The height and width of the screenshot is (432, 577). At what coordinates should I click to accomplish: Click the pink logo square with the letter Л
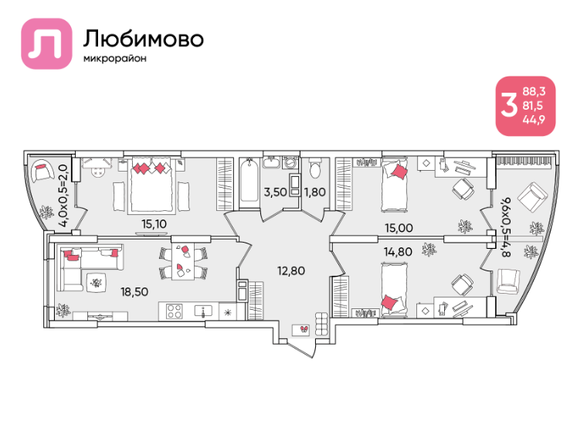(46, 43)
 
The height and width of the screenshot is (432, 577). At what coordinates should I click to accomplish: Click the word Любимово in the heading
(143, 39)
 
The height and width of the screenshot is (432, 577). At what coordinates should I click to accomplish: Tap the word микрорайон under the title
(115, 59)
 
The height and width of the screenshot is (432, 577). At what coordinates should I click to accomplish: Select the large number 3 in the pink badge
(509, 105)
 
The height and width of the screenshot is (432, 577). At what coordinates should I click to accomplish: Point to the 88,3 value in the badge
(534, 91)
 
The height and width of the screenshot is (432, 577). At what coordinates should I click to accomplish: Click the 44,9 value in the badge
(534, 119)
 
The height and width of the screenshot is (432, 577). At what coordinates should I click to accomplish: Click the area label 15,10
(154, 223)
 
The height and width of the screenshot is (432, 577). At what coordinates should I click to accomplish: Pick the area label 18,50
(134, 291)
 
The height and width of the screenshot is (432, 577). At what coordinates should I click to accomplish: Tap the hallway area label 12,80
(291, 270)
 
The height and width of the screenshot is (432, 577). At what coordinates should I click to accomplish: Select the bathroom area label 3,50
(275, 192)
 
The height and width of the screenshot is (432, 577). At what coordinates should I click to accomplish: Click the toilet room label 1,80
(315, 192)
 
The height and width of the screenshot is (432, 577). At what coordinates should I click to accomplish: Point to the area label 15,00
(399, 228)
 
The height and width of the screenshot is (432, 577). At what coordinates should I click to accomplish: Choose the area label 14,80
(398, 252)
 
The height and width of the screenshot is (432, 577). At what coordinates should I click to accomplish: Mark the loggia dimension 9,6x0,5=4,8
(506, 227)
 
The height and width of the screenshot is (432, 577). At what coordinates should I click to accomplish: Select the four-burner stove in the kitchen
(174, 311)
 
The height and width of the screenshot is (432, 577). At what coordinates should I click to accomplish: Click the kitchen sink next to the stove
(203, 311)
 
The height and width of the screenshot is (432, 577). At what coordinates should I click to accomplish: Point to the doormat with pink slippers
(301, 330)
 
